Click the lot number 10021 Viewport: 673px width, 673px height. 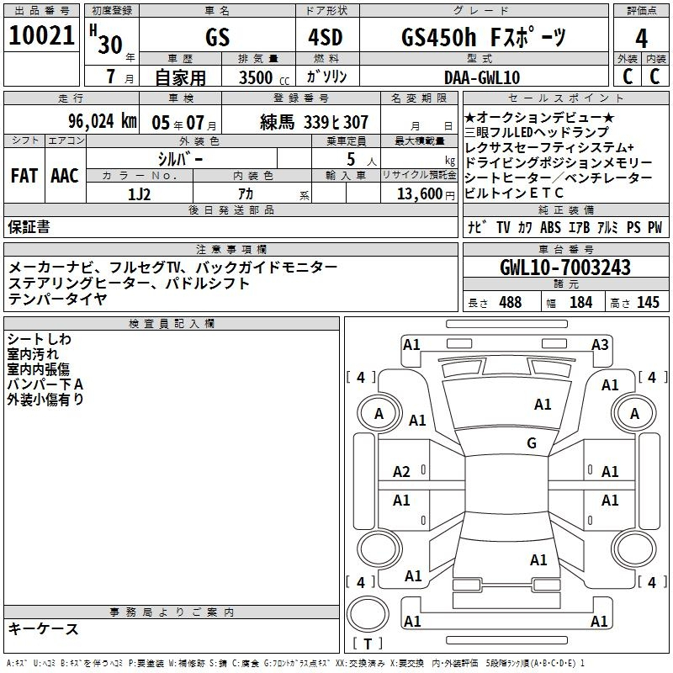pos(41,35)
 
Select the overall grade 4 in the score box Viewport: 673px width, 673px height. pos(641,39)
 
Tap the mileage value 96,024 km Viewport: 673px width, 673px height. pos(103,121)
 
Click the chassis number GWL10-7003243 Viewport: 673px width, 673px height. pos(565,268)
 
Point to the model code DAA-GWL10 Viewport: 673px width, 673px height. pos(482,77)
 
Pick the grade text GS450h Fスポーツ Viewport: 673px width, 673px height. pos(484,37)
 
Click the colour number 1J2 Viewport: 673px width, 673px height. pos(139,194)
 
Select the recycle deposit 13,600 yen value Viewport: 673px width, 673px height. pos(426,194)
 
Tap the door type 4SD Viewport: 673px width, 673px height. pos(326,37)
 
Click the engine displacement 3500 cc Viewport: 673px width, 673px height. pos(264,77)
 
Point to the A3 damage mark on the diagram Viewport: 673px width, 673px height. pos(600,345)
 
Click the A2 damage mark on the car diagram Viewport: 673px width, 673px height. pos(401,472)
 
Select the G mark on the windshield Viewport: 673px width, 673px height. pos(532,442)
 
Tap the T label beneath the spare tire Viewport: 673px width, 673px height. pos(368,644)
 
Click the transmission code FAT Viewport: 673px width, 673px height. pos(24,176)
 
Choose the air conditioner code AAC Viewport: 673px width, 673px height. pos(65,176)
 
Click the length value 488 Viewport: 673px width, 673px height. pos(511,302)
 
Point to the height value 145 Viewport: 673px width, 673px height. pos(648,302)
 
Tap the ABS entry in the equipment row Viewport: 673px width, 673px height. pos(550,227)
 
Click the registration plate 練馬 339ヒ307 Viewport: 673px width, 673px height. pos(314,122)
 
